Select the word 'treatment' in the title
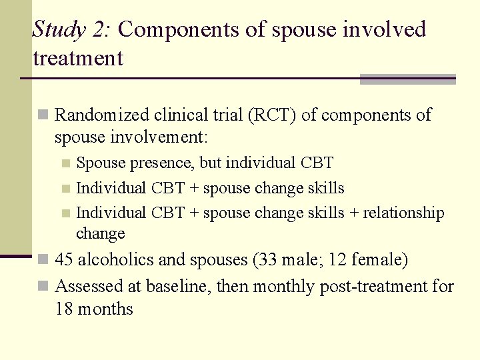pos(78,59)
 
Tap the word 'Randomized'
pos(101,115)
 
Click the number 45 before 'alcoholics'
pos(64,260)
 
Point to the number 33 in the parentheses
pos(269,260)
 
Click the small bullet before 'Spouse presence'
pos(65,163)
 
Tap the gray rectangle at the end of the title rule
pos(407,79)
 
